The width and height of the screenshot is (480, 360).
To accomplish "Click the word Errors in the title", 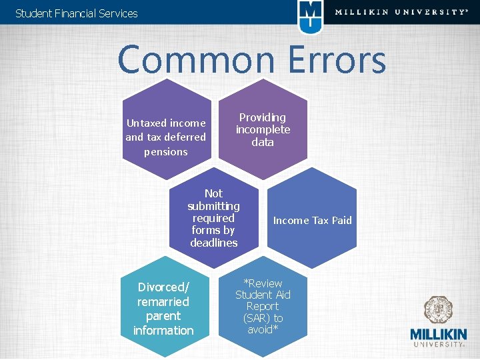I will (337, 60).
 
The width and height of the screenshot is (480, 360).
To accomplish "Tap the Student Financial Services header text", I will (76, 13).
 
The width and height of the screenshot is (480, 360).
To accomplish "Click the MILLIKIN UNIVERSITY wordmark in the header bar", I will (401, 12).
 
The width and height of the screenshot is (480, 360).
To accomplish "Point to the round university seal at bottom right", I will (439, 311).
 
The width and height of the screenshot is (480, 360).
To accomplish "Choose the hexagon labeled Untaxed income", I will (166, 130).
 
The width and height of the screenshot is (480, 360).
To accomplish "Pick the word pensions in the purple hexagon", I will (166, 151).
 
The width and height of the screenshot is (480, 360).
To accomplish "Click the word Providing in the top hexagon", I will (263, 117).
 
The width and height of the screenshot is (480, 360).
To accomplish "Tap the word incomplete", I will (263, 129).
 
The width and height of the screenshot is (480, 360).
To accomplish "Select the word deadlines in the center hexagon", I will (213, 243).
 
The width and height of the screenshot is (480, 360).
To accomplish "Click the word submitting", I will (213, 206).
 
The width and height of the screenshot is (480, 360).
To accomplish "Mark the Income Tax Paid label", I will (312, 220).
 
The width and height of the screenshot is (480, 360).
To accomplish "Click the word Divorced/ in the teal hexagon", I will (163, 287).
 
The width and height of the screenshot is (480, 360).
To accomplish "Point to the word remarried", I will (163, 301).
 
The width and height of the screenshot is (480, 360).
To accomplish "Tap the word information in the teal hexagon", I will (163, 330).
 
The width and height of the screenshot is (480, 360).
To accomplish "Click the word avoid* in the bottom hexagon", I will (263, 330).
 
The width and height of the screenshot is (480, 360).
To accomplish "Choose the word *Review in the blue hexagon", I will (263, 283).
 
